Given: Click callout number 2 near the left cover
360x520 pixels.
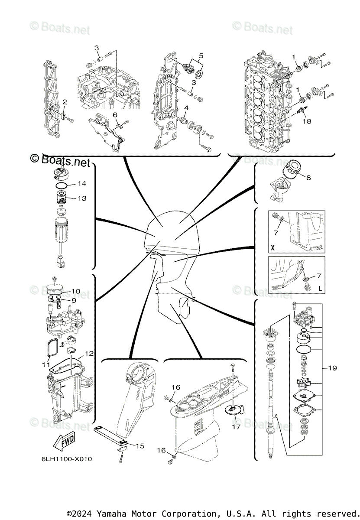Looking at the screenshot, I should pyautogui.click(x=64, y=102).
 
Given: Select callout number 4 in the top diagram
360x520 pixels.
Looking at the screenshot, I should pyautogui.click(x=185, y=108).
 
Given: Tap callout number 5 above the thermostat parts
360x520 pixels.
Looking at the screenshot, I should pyautogui.click(x=201, y=56).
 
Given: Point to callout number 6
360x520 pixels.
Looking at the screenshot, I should pyautogui.click(x=115, y=114).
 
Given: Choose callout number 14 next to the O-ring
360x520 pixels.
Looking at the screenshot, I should pyautogui.click(x=81, y=184).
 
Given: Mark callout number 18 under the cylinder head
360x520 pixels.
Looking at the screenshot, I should pyautogui.click(x=307, y=122).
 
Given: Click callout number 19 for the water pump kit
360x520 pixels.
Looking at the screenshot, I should pyautogui.click(x=332, y=368).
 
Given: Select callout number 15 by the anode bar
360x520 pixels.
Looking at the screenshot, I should pyautogui.click(x=139, y=445).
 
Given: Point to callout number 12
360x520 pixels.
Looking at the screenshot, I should pyautogui.click(x=89, y=354).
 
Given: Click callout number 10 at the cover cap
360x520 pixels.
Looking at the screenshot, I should pyautogui.click(x=76, y=291).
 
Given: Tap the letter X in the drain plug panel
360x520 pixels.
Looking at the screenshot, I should pyautogui.click(x=272, y=248).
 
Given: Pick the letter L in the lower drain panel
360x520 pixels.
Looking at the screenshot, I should pyautogui.click(x=320, y=288).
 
